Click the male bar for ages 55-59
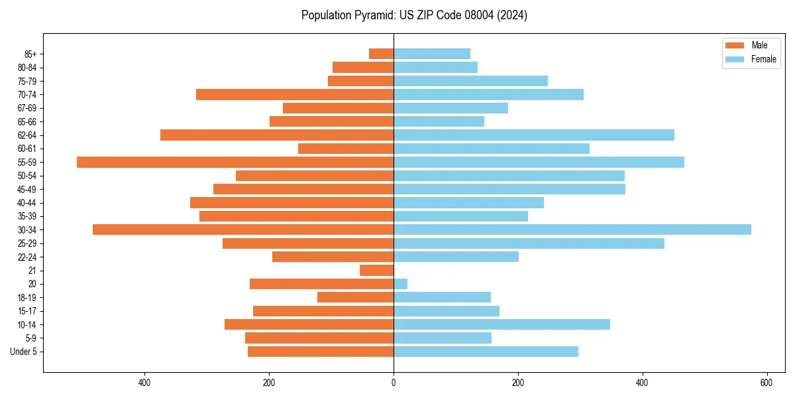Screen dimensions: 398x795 click(235, 162)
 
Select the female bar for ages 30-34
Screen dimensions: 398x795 click(572, 230)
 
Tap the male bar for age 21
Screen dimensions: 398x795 click(377, 270)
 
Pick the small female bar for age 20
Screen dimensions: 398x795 click(401, 284)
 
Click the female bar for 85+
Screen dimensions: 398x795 click(432, 54)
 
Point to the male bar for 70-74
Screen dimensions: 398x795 click(295, 94)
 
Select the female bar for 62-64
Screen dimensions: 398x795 click(534, 135)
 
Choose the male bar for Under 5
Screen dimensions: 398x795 click(321, 352)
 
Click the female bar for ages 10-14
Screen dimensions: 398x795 click(502, 324)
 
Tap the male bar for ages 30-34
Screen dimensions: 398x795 click(243, 230)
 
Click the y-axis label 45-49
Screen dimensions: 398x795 click(26, 189)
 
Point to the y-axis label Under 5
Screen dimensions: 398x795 click(23, 352)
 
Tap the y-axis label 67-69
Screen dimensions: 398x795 click(26, 108)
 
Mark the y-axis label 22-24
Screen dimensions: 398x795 click(26, 257)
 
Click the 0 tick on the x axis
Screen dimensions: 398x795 click(394, 383)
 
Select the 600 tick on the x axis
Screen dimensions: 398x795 click(767, 383)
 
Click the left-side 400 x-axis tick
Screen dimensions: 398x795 click(144, 383)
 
